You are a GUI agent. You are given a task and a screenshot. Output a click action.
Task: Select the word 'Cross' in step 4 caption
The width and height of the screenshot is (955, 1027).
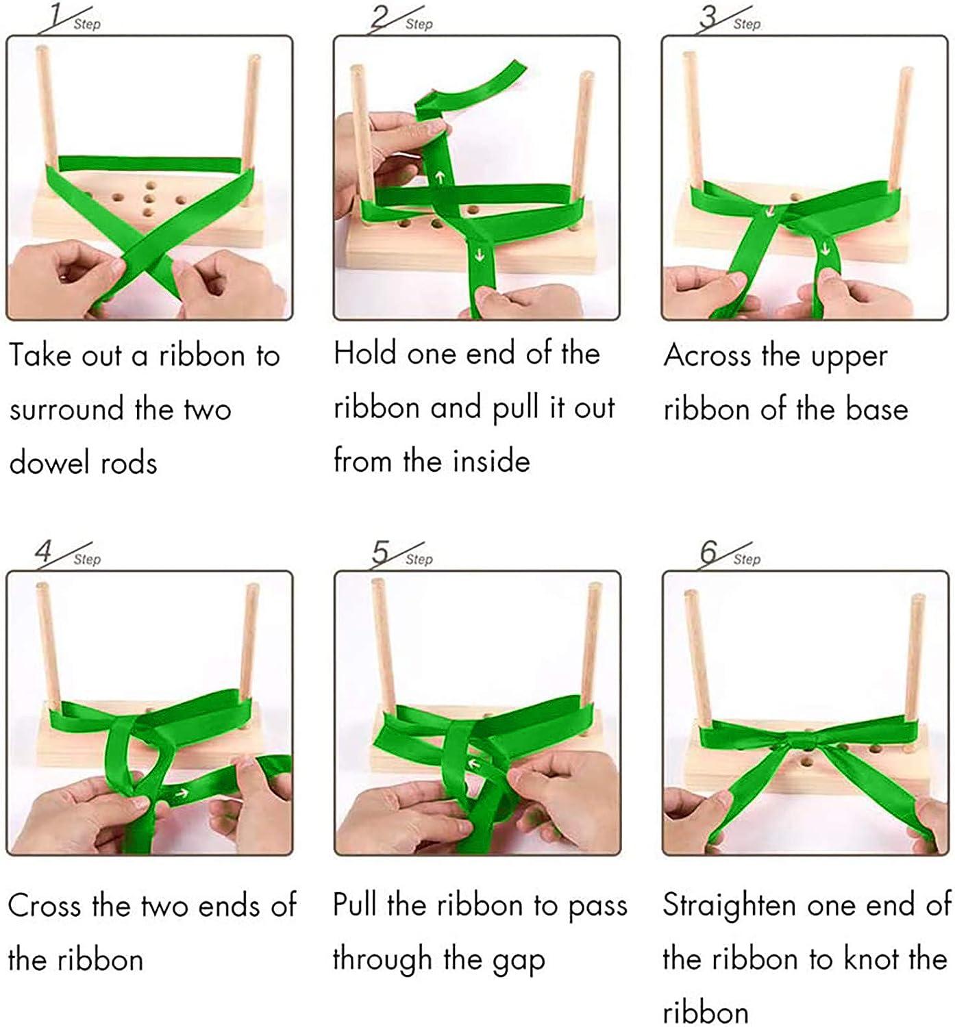tap(45, 906)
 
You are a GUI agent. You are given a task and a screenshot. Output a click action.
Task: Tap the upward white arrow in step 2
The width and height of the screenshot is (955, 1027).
tap(440, 178)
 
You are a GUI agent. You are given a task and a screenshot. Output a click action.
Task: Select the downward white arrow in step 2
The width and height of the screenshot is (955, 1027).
tap(479, 256)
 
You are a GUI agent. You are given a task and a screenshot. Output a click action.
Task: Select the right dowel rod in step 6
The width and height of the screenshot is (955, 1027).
tap(915, 657)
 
